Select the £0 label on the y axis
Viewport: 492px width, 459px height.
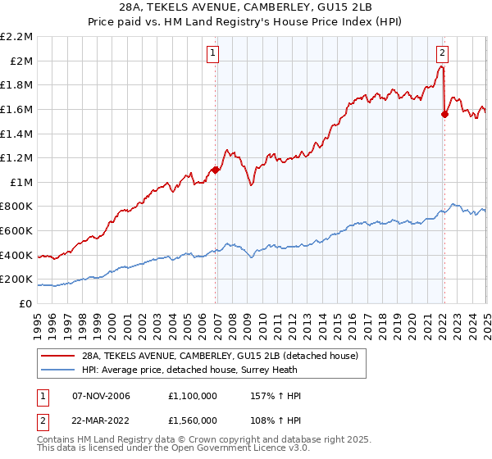click(x=26, y=303)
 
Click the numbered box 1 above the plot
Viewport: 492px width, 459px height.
click(x=212, y=53)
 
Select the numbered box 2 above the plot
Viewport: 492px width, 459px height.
click(x=442, y=53)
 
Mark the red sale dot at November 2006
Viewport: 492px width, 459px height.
click(x=216, y=170)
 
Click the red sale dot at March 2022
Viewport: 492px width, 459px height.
click(x=444, y=114)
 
